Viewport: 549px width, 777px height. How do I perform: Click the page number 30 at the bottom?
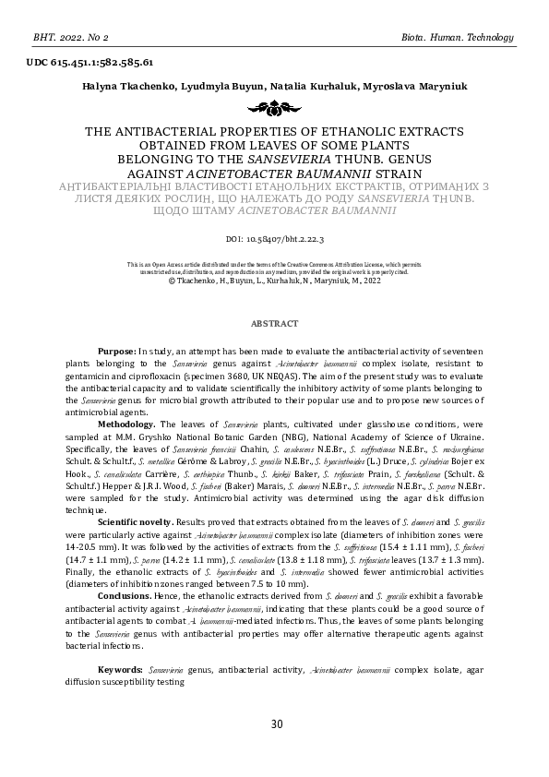[x=276, y=723]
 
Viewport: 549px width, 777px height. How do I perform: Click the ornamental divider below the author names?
[x=274, y=109]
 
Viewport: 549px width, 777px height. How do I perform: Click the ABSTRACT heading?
[x=275, y=323]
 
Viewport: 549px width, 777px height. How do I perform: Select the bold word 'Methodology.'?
[x=128, y=424]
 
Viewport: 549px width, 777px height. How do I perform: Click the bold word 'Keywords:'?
[x=121, y=666]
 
